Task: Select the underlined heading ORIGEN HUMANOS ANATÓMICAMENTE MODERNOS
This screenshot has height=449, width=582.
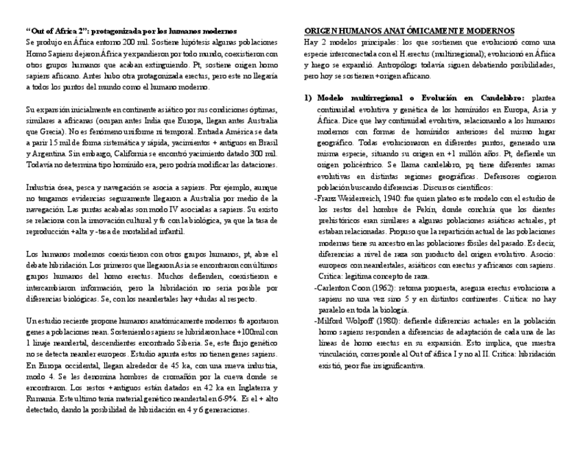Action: pos(409,32)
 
